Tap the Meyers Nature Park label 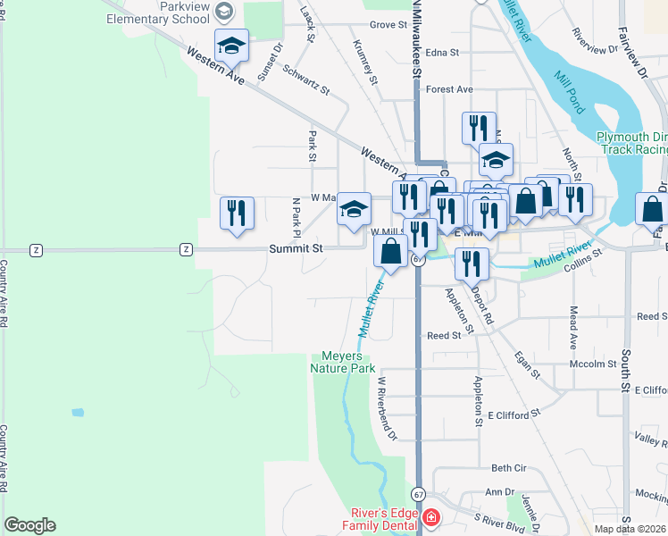pyautogui.click(x=342, y=361)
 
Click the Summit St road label pyautogui.click(x=295, y=249)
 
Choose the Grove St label pyautogui.click(x=388, y=25)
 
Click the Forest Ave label pyautogui.click(x=449, y=89)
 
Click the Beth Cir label pyautogui.click(x=509, y=468)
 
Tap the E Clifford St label pyautogui.click(x=514, y=415)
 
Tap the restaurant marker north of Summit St pyautogui.click(x=237, y=214)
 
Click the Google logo pyautogui.click(x=29, y=525)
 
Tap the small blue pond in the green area pyautogui.click(x=78, y=413)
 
